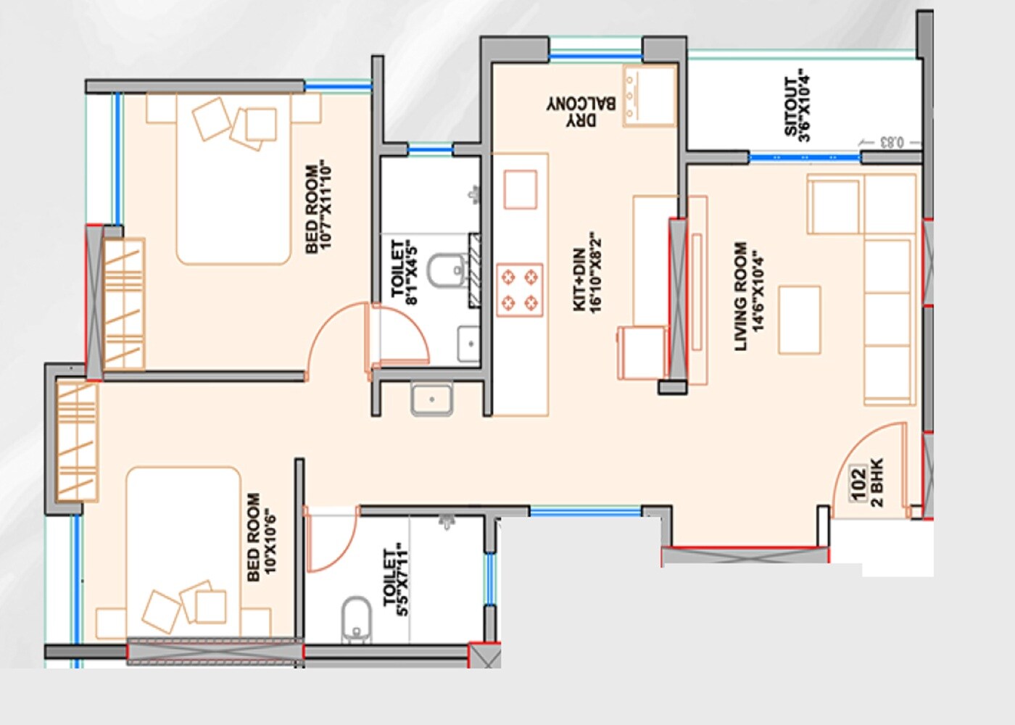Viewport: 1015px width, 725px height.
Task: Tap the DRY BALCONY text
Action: (581, 112)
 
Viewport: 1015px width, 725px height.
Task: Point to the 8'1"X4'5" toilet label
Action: (405, 272)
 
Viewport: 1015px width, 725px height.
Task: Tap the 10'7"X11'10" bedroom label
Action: (318, 207)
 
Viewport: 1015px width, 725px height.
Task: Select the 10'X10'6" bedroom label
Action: (262, 536)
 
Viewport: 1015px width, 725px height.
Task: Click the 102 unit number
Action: (858, 483)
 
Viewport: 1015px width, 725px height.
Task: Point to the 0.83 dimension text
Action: (891, 142)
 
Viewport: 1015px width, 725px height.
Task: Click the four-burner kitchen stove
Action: (519, 289)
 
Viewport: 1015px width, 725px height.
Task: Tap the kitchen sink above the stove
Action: (520, 189)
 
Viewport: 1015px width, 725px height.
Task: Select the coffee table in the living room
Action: (799, 320)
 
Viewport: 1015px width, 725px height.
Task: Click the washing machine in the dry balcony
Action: (649, 96)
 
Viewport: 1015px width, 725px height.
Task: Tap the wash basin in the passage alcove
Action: (431, 399)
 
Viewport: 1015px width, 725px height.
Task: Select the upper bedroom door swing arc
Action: (335, 337)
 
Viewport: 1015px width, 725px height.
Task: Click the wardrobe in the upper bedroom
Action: (123, 304)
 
